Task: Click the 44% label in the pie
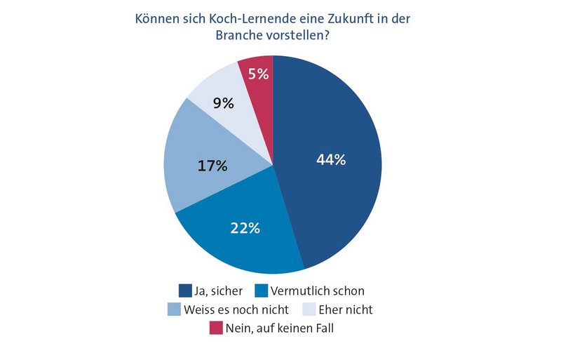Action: [331, 160]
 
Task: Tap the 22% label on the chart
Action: [245, 227]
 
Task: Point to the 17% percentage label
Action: [212, 166]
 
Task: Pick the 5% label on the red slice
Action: [258, 73]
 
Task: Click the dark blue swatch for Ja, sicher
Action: [185, 291]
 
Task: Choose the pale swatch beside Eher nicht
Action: [309, 309]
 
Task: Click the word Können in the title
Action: [157, 19]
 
